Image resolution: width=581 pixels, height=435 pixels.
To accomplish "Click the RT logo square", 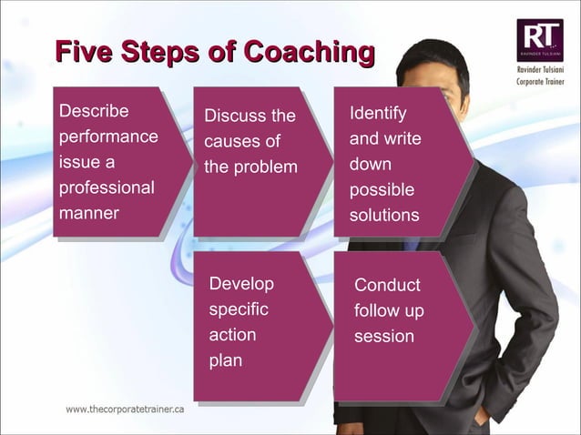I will tap(540, 40).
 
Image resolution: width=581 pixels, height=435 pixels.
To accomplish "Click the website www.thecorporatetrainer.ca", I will tap(125, 410).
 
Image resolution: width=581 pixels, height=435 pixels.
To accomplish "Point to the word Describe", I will tap(94, 112).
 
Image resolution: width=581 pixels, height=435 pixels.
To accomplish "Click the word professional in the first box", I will tap(107, 188).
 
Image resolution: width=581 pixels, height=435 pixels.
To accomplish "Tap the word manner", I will tap(89, 214).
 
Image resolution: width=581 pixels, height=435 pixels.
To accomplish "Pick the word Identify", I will tap(378, 114).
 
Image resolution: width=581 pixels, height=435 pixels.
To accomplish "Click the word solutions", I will tap(384, 216).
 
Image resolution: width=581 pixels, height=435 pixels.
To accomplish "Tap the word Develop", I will tap(241, 284).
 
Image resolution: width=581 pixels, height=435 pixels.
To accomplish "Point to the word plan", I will tap(225, 360).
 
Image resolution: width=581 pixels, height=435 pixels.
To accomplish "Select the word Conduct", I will tap(387, 286).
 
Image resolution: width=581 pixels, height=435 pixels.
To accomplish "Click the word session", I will tap(384, 337).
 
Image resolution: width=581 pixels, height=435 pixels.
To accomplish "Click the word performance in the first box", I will tap(108, 137).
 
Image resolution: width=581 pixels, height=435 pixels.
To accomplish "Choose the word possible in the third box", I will tap(382, 190).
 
